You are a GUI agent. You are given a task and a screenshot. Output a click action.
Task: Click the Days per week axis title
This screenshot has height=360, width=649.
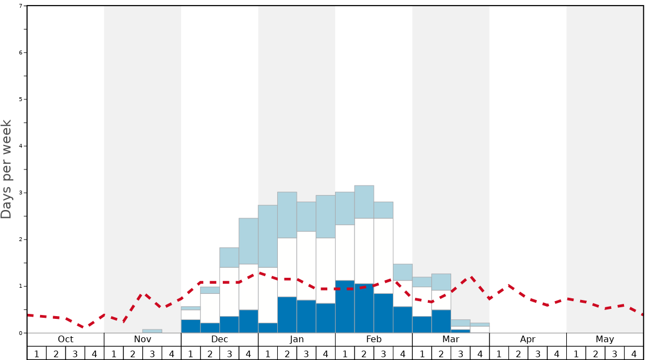point(7,169)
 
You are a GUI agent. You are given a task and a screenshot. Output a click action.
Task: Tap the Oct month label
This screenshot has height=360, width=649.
point(66,339)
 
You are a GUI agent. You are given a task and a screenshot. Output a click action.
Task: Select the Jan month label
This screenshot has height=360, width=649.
point(297,339)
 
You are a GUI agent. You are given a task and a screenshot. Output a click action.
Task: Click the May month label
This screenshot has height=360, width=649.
point(605,339)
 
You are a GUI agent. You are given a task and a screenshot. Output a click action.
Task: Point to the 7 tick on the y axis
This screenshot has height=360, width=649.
point(21,6)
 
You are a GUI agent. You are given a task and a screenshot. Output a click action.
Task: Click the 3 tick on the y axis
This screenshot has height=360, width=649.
point(21,193)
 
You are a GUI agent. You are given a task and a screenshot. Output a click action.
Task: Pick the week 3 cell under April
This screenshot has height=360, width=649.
point(537,353)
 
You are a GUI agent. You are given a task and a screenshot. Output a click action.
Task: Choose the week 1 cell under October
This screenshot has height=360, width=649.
point(37,353)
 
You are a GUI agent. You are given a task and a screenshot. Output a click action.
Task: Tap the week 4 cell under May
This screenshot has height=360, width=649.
point(634,353)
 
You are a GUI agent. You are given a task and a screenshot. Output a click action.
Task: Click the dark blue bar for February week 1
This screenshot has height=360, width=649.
point(345,307)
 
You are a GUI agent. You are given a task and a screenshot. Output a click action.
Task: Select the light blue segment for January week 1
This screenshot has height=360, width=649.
point(268,236)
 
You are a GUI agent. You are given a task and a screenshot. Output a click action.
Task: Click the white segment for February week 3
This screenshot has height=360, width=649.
point(383,256)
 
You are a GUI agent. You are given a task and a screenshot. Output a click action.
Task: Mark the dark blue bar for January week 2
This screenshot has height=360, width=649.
point(287,315)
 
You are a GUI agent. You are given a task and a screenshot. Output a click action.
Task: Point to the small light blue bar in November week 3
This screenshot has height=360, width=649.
point(152,331)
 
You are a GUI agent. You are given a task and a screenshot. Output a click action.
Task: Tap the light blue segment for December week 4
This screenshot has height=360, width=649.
point(248,241)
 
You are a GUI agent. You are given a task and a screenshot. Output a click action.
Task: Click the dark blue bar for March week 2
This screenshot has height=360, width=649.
point(441,321)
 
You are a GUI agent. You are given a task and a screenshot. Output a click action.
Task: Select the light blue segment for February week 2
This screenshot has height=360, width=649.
point(364,202)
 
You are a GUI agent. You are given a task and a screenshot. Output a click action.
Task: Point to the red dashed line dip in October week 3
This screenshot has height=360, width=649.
point(84,328)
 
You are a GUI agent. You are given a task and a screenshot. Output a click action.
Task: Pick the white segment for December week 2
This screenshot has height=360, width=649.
point(210,308)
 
